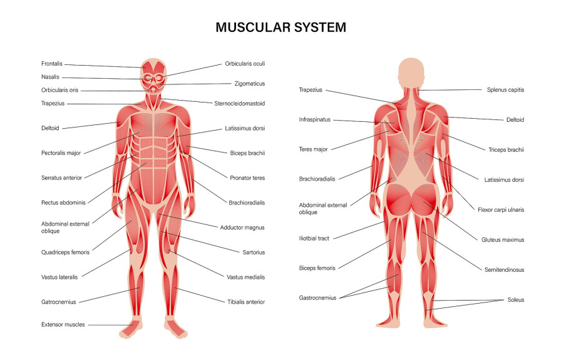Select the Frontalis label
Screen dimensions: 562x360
(x=52, y=64)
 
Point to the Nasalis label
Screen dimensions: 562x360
(x=50, y=77)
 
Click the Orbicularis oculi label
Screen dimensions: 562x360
(x=245, y=64)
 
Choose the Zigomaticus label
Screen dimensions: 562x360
(x=249, y=84)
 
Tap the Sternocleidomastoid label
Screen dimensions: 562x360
(x=239, y=104)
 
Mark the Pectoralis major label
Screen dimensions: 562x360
(x=61, y=153)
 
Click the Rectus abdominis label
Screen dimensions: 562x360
(x=64, y=202)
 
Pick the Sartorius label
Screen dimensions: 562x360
(x=254, y=252)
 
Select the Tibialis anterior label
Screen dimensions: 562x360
(x=246, y=302)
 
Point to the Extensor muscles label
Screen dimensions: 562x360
(x=63, y=324)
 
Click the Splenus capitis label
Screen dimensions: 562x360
(x=505, y=90)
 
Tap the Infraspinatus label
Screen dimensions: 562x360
(x=315, y=120)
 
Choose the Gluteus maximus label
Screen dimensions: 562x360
(x=503, y=240)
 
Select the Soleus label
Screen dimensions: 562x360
(x=516, y=300)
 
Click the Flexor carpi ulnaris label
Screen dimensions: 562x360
(x=501, y=210)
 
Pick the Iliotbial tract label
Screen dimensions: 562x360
(x=314, y=239)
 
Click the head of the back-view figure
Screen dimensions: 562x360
(x=411, y=72)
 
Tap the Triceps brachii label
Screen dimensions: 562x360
(x=506, y=150)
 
